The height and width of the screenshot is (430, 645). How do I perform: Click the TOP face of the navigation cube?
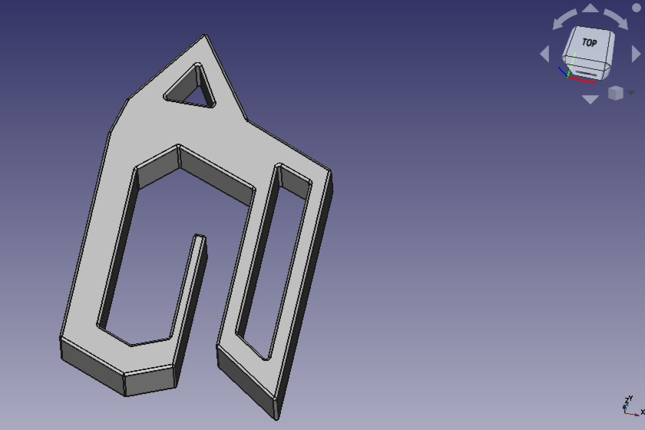pyautogui.click(x=590, y=43)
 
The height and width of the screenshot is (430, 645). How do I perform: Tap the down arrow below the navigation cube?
pyautogui.click(x=590, y=99)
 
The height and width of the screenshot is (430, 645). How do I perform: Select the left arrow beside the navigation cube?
pyautogui.click(x=544, y=54)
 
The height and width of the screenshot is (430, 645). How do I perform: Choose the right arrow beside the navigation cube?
pyautogui.click(x=636, y=54)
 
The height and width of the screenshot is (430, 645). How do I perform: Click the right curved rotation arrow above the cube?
pyautogui.click(x=616, y=19)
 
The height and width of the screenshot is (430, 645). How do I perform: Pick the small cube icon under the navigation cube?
pyautogui.click(x=615, y=93)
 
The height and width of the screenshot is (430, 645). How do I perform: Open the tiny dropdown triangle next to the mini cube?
pyautogui.click(x=631, y=94)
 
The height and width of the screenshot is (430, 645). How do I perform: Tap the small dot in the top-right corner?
pyautogui.click(x=636, y=8)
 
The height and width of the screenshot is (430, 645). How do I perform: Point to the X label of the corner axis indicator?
pyautogui.click(x=643, y=412)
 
